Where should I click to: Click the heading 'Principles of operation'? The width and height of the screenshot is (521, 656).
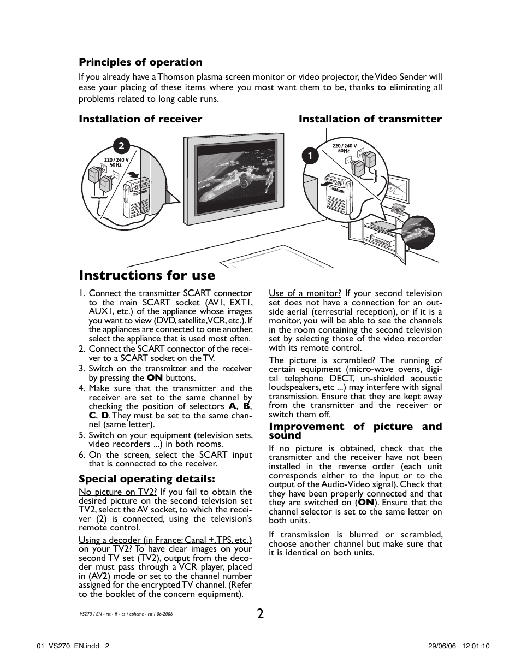tap(140, 62)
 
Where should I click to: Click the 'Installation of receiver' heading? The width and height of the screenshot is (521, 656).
tap(140, 119)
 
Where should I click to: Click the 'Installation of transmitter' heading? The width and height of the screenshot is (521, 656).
tap(370, 119)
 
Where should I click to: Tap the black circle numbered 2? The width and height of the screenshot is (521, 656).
tap(121, 145)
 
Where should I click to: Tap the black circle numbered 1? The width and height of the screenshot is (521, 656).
tap(310, 156)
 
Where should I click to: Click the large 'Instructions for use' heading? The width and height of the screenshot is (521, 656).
tap(147, 275)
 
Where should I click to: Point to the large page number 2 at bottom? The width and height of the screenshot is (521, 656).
tap(260, 613)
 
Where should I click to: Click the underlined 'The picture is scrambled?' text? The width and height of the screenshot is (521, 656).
tap(322, 360)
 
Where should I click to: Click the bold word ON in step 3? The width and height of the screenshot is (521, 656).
tap(155, 378)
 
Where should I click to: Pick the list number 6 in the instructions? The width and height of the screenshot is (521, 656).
tap(81, 455)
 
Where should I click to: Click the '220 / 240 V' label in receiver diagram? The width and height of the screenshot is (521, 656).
tap(116, 160)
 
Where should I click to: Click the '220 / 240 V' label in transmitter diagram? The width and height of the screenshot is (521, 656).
tap(344, 146)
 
